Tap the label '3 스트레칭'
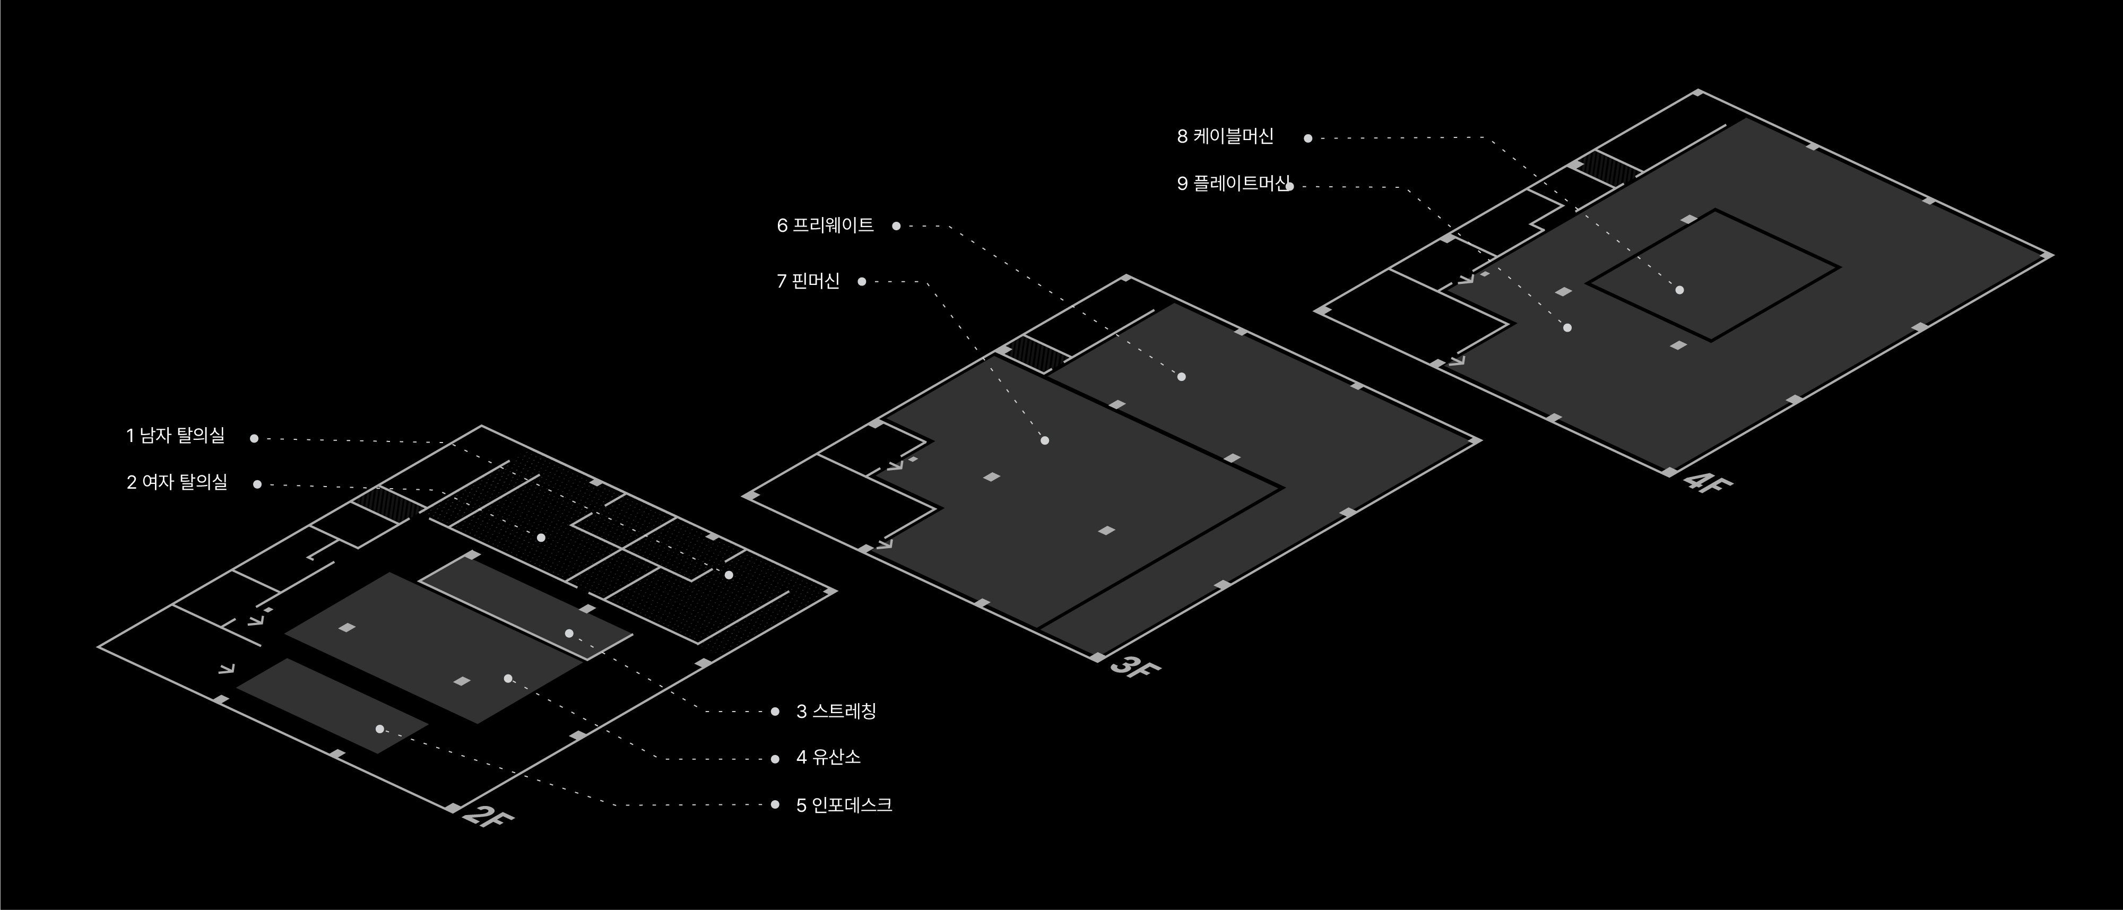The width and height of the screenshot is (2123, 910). click(836, 712)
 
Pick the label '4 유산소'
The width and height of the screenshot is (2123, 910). click(828, 758)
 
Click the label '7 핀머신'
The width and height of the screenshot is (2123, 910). click(808, 282)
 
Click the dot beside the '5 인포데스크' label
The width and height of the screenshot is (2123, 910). click(775, 804)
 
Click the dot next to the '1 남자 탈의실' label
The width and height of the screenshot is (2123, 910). click(254, 438)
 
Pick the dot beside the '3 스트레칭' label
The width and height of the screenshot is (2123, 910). click(775, 712)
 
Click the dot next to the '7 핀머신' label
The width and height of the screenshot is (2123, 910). click(861, 282)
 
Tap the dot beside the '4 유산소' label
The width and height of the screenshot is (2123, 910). click(775, 758)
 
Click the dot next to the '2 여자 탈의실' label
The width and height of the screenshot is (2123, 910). click(257, 484)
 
